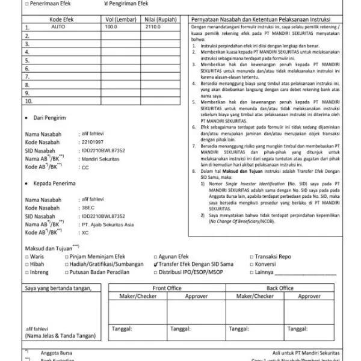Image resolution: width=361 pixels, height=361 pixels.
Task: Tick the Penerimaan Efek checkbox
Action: (27, 3)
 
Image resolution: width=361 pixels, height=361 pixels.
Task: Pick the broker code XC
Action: (85, 232)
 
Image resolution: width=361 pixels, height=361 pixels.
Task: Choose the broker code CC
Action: (85, 167)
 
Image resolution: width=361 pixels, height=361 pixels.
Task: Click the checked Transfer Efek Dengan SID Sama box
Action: (157, 264)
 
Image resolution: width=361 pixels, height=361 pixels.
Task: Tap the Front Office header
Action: (167, 288)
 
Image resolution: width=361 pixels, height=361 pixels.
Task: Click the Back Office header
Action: (280, 288)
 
